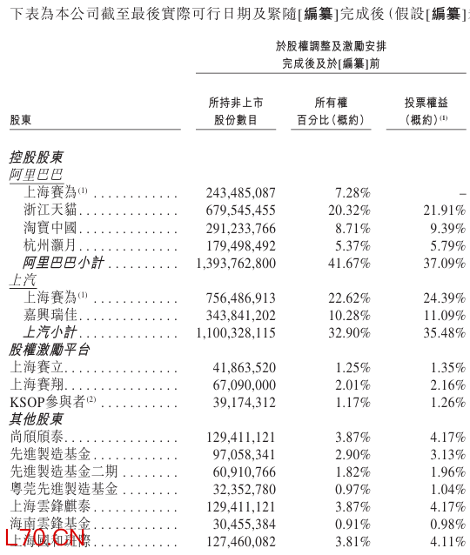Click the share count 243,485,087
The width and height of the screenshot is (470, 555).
tap(240, 192)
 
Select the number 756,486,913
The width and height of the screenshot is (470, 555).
tap(240, 298)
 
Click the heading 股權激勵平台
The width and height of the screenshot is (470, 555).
tap(49, 350)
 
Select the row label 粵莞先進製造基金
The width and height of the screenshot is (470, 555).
tap(63, 489)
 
